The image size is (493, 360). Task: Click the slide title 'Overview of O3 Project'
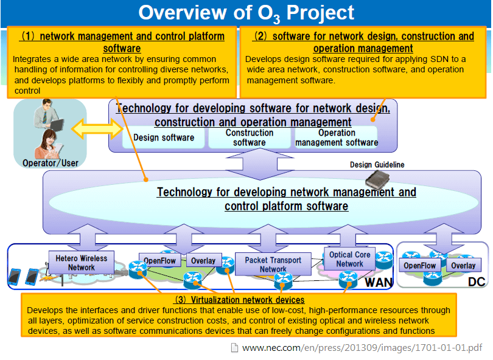pyautogui.click(x=246, y=12)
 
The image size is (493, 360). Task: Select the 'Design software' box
pyautogui.click(x=164, y=137)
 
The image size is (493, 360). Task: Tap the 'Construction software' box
pyautogui.click(x=250, y=137)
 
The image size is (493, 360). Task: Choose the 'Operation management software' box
pyautogui.click(x=337, y=137)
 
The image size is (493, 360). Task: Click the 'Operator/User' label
pyautogui.click(x=51, y=163)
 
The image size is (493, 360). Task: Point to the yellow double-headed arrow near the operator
pyautogui.click(x=98, y=129)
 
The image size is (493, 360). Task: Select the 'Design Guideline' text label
pyautogui.click(x=377, y=165)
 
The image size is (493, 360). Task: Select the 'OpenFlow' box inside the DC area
pyautogui.click(x=419, y=266)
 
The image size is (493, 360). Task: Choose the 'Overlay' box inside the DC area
pyautogui.click(x=463, y=266)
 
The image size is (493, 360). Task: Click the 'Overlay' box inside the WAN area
pyautogui.click(x=203, y=261)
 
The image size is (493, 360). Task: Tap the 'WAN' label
pyautogui.click(x=378, y=282)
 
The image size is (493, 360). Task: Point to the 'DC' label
pyautogui.click(x=476, y=282)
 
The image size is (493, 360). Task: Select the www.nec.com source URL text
pyautogui.click(x=362, y=348)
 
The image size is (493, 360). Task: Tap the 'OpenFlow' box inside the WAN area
pyautogui.click(x=159, y=261)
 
